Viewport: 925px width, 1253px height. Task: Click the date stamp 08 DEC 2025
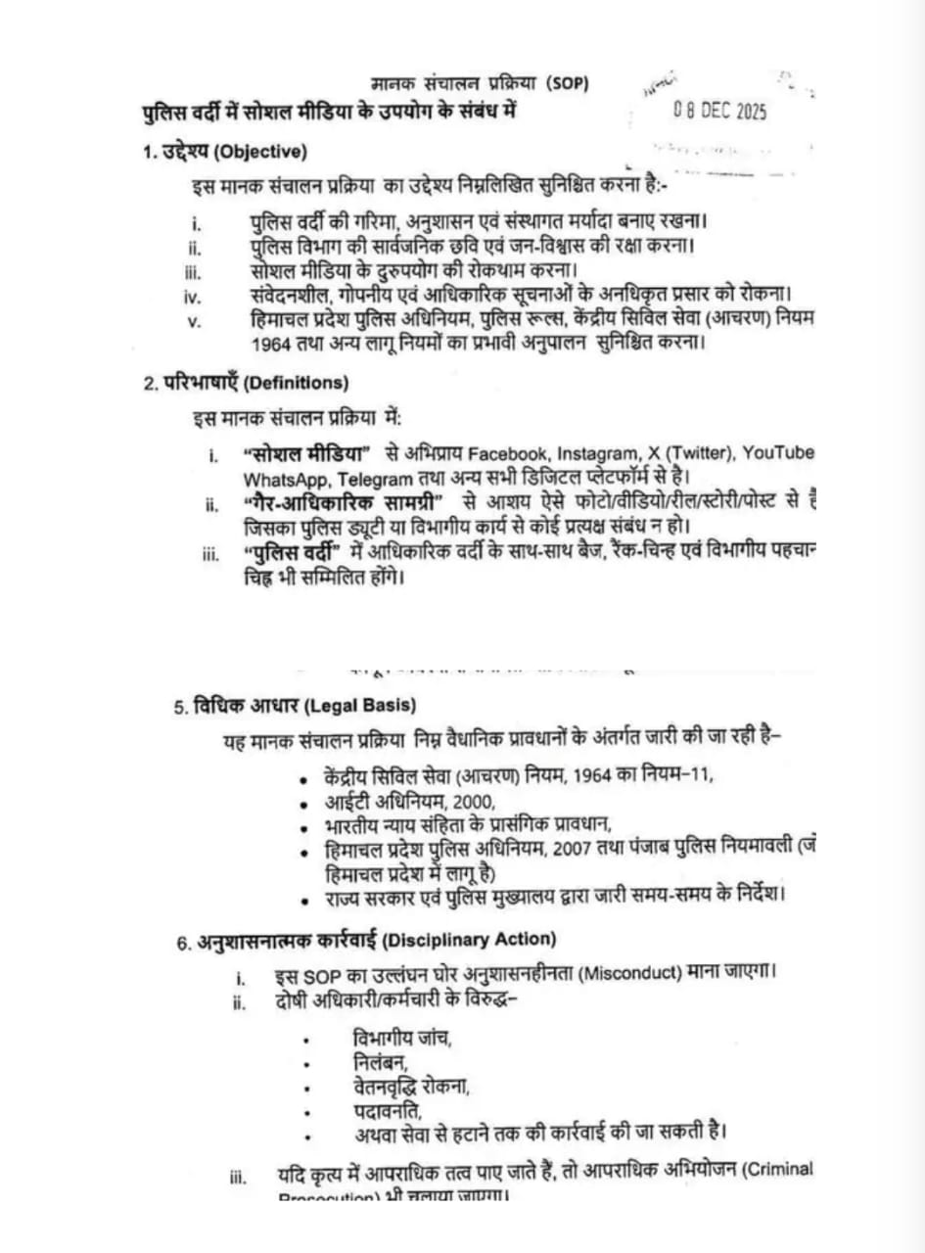[719, 112]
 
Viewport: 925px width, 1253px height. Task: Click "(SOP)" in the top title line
[568, 83]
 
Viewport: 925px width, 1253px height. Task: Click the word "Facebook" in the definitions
[510, 454]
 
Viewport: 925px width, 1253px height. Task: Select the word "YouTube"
[778, 453]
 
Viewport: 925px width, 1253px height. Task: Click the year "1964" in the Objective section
[272, 344]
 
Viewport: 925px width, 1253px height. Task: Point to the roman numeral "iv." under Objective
[192, 295]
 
